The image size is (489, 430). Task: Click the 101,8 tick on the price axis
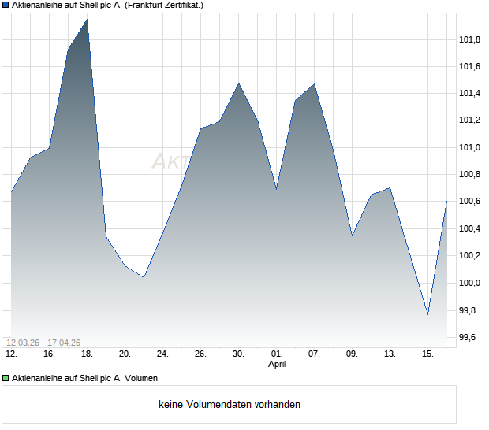coord(470,39)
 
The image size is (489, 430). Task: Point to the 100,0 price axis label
coord(470,283)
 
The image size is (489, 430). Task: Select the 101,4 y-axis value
coord(470,94)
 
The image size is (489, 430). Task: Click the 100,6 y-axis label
coord(470,202)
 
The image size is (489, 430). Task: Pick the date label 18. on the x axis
coord(87,354)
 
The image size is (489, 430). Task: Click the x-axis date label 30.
coord(238,354)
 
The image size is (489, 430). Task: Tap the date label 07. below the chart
coord(314,354)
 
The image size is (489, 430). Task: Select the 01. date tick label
coord(276,354)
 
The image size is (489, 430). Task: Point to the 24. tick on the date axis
coord(162,354)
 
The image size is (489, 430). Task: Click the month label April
coord(277,364)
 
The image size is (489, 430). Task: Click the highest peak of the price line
coord(87,20)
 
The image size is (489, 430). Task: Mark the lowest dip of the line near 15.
coord(427,314)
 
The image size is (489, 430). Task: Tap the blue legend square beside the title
coord(6,5)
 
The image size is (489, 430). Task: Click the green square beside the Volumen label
coord(6,378)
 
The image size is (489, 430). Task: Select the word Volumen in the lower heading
coord(141,378)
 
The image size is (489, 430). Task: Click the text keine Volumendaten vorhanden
coord(230,405)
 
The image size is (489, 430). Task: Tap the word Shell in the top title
coord(86,5)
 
